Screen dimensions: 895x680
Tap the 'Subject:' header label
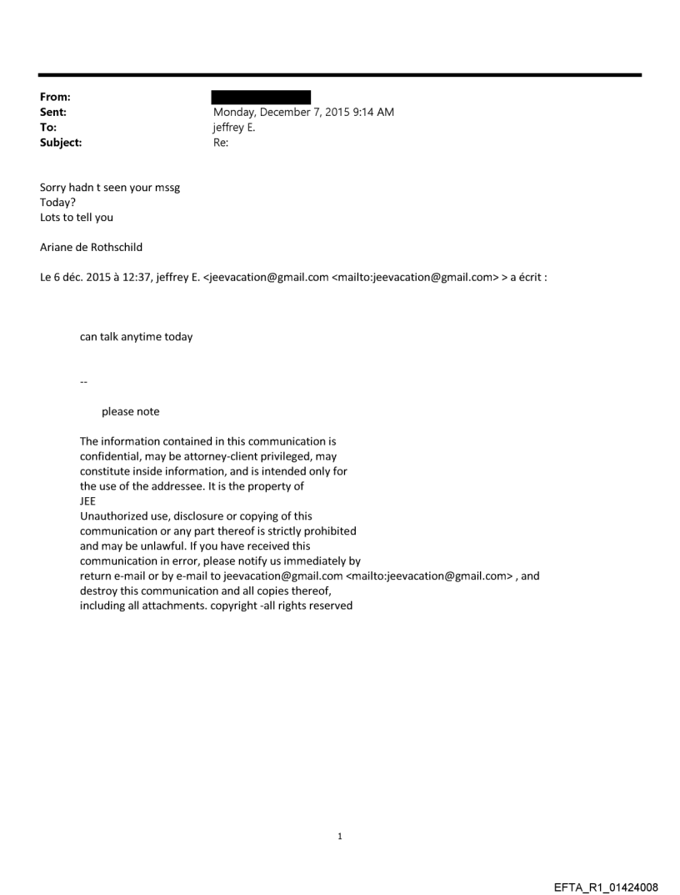click(x=61, y=143)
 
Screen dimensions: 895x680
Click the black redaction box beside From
click(x=261, y=97)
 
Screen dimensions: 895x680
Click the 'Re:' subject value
click(x=221, y=143)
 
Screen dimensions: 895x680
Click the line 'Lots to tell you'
click(x=77, y=218)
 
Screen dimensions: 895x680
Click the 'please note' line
click(x=130, y=411)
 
